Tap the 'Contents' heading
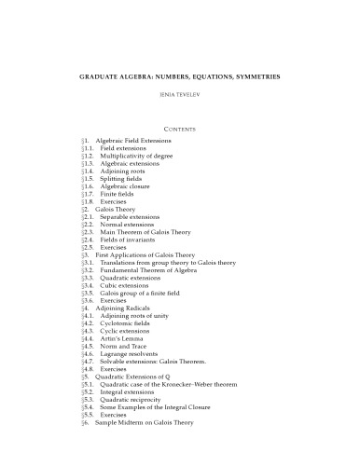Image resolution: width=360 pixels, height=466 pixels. click(179, 123)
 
